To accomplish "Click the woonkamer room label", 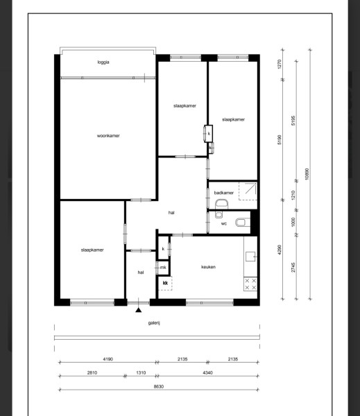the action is (108, 136).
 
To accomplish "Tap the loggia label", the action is (103, 62).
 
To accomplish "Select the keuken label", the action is (208, 267).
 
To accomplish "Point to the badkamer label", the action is (224, 193).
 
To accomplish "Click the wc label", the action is (224, 224).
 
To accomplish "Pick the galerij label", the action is (154, 323).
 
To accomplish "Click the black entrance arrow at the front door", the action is (138, 310).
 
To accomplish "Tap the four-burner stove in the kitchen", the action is (250, 284).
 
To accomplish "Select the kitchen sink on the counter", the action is (250, 257).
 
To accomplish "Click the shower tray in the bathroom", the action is (248, 191).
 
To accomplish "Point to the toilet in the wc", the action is (243, 223).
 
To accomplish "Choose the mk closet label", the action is (163, 268).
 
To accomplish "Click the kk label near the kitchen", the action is (165, 283).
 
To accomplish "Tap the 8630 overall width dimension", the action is (159, 387).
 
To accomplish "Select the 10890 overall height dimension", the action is (307, 174).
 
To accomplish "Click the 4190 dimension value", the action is (108, 359).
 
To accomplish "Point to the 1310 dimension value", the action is (141, 373).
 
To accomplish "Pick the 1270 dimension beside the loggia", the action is (279, 64).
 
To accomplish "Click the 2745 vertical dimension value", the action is (293, 268).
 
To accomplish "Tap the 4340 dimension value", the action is (207, 373).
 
